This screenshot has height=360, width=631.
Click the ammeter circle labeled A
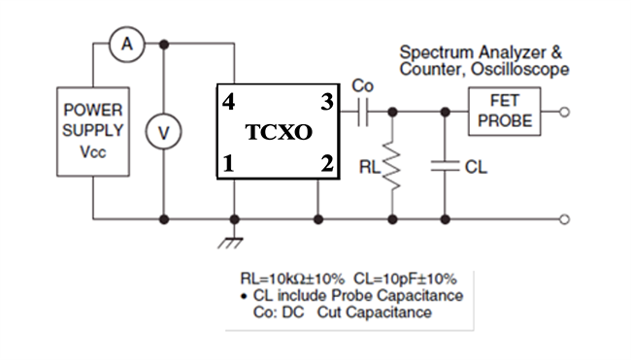[x=124, y=44]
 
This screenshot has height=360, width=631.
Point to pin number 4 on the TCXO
[x=228, y=101]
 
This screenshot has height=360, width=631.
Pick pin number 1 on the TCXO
[x=228, y=163]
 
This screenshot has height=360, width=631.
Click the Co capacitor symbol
[x=364, y=113]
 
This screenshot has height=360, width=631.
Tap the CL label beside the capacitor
[x=476, y=168]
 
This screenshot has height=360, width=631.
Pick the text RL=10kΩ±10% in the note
[x=288, y=278]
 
